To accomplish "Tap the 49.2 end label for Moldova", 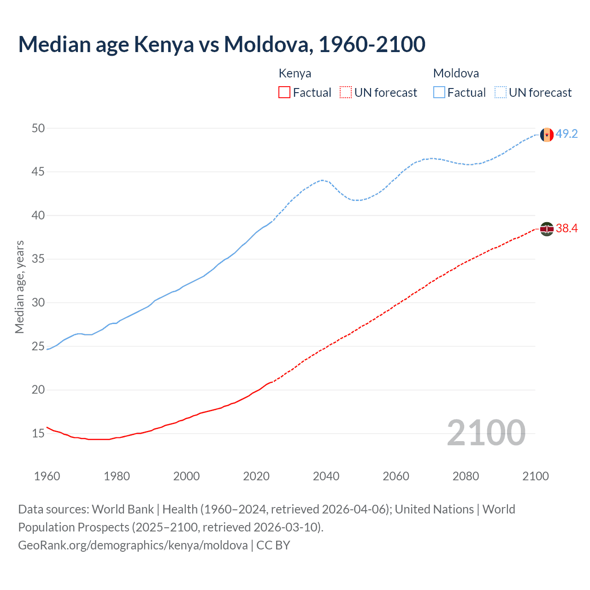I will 566,134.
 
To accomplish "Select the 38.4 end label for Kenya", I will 566,228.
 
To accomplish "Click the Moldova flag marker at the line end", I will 547,135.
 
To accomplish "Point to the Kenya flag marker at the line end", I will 547,229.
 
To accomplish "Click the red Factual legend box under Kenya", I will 284,93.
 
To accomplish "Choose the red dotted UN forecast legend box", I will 346,93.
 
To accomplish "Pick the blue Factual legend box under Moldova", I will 439,93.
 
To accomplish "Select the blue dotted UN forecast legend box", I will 500,93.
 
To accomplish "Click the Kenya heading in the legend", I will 295,73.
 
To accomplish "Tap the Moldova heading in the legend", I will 456,73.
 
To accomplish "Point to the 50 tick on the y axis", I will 38,128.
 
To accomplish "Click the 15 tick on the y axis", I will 38,433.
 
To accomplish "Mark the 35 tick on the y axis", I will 38,259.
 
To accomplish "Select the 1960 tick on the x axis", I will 47,476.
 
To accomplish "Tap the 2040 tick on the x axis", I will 326,476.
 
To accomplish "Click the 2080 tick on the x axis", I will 466,476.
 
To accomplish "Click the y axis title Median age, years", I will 19,287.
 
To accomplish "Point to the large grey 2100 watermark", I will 486,432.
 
